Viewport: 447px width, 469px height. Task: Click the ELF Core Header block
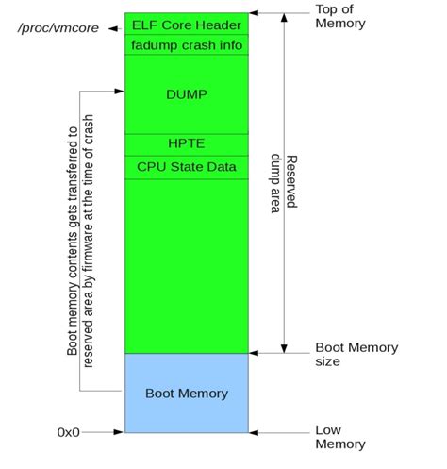(187, 25)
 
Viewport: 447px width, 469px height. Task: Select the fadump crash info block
(187, 44)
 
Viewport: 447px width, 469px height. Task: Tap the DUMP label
(186, 94)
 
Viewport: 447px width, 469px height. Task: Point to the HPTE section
(186, 144)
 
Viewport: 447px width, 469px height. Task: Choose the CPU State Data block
(187, 167)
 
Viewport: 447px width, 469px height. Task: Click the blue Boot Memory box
(187, 390)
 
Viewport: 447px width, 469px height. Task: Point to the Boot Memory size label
(355, 354)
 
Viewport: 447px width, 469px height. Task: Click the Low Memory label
(339, 437)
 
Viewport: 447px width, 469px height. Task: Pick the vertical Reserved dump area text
(283, 184)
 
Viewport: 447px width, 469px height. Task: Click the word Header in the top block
(219, 25)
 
